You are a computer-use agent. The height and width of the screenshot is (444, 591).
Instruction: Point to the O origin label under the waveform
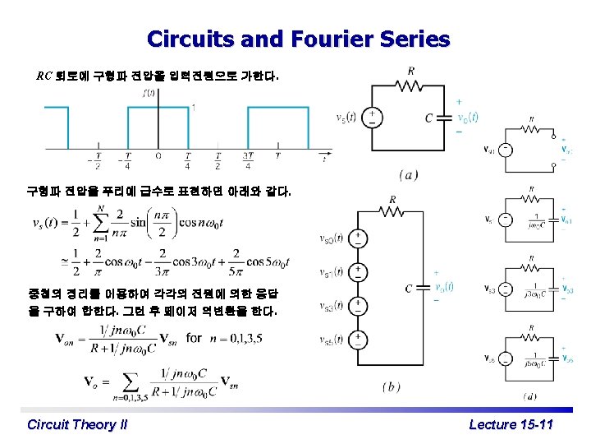click(x=158, y=156)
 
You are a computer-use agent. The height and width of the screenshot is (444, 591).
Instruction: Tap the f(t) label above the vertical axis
click(x=149, y=92)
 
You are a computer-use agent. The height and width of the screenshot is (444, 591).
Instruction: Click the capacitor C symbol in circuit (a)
click(x=447, y=118)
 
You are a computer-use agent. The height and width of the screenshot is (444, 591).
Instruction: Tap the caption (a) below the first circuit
click(x=409, y=174)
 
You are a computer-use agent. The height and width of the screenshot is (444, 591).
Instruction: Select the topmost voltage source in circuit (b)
click(x=358, y=238)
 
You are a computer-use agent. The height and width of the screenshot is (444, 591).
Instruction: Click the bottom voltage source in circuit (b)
click(x=358, y=340)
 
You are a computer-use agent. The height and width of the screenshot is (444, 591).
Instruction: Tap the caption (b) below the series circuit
click(x=392, y=386)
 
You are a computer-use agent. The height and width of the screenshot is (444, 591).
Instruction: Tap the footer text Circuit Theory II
click(x=77, y=424)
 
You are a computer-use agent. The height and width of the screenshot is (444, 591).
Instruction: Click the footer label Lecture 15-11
click(x=511, y=424)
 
